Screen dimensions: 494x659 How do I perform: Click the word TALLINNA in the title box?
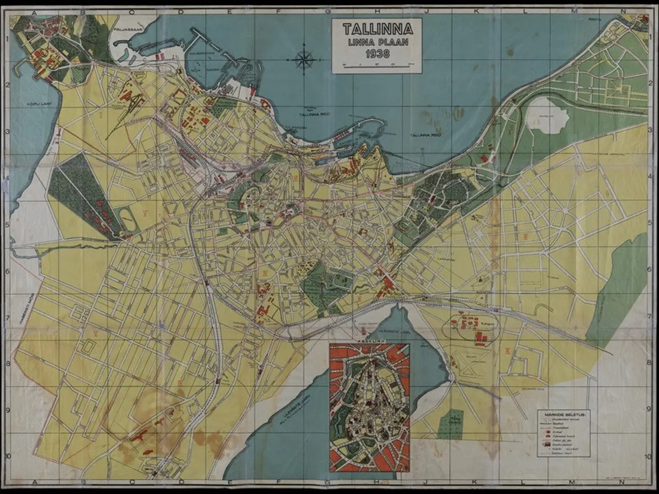[x=377, y=27]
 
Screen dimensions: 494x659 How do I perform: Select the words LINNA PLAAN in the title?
[x=377, y=41]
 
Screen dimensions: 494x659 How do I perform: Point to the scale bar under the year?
[x=377, y=65]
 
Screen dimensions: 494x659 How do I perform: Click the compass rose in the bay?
[x=304, y=60]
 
